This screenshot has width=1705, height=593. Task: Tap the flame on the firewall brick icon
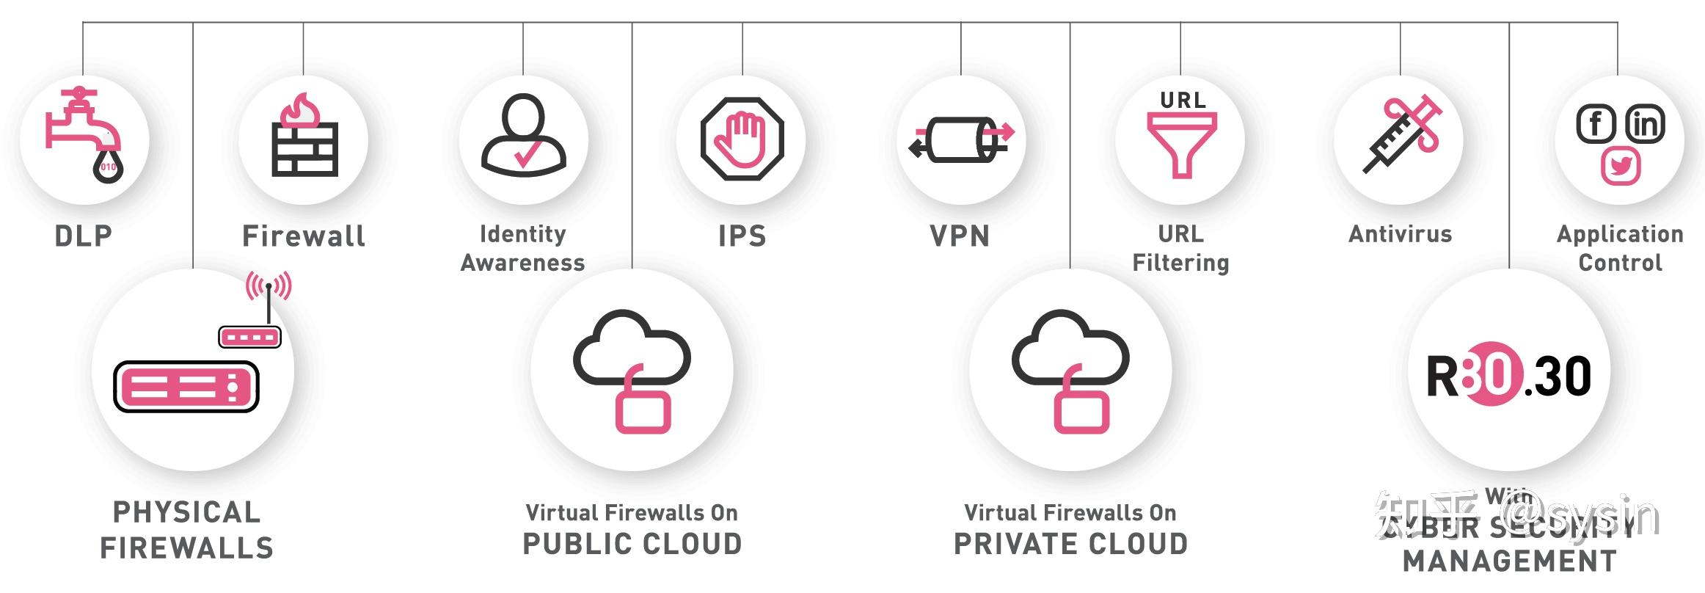coord(301,111)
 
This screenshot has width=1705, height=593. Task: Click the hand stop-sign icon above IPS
coord(742,139)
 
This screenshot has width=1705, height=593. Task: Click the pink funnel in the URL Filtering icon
coord(1181,144)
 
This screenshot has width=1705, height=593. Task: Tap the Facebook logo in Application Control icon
coord(1596,123)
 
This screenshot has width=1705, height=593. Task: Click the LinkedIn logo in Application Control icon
coord(1645,123)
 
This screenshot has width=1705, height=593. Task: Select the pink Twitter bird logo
coord(1620,166)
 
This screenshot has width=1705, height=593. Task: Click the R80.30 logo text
coord(1508,376)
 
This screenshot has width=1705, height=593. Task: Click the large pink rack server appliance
coord(186,386)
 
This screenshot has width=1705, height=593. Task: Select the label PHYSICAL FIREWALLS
coord(186,530)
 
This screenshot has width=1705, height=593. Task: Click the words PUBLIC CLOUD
coord(632,544)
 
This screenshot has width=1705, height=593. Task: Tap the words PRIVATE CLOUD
coord(1070,544)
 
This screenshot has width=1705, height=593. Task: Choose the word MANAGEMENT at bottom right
coord(1509,561)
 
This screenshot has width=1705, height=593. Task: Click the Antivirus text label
coord(1400,234)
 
